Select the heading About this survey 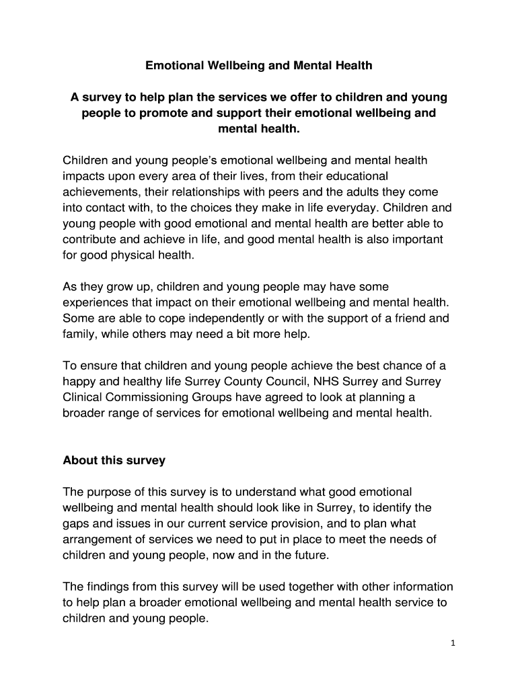[114, 461]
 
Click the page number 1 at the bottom [453, 643]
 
